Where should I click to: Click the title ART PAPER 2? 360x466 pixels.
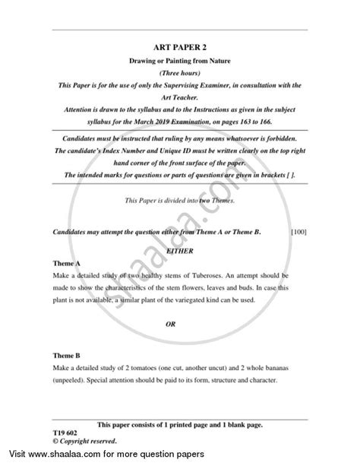pos(180,44)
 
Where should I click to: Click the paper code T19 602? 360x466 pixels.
pos(68,430)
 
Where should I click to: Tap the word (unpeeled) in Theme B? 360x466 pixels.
pos(72,381)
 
